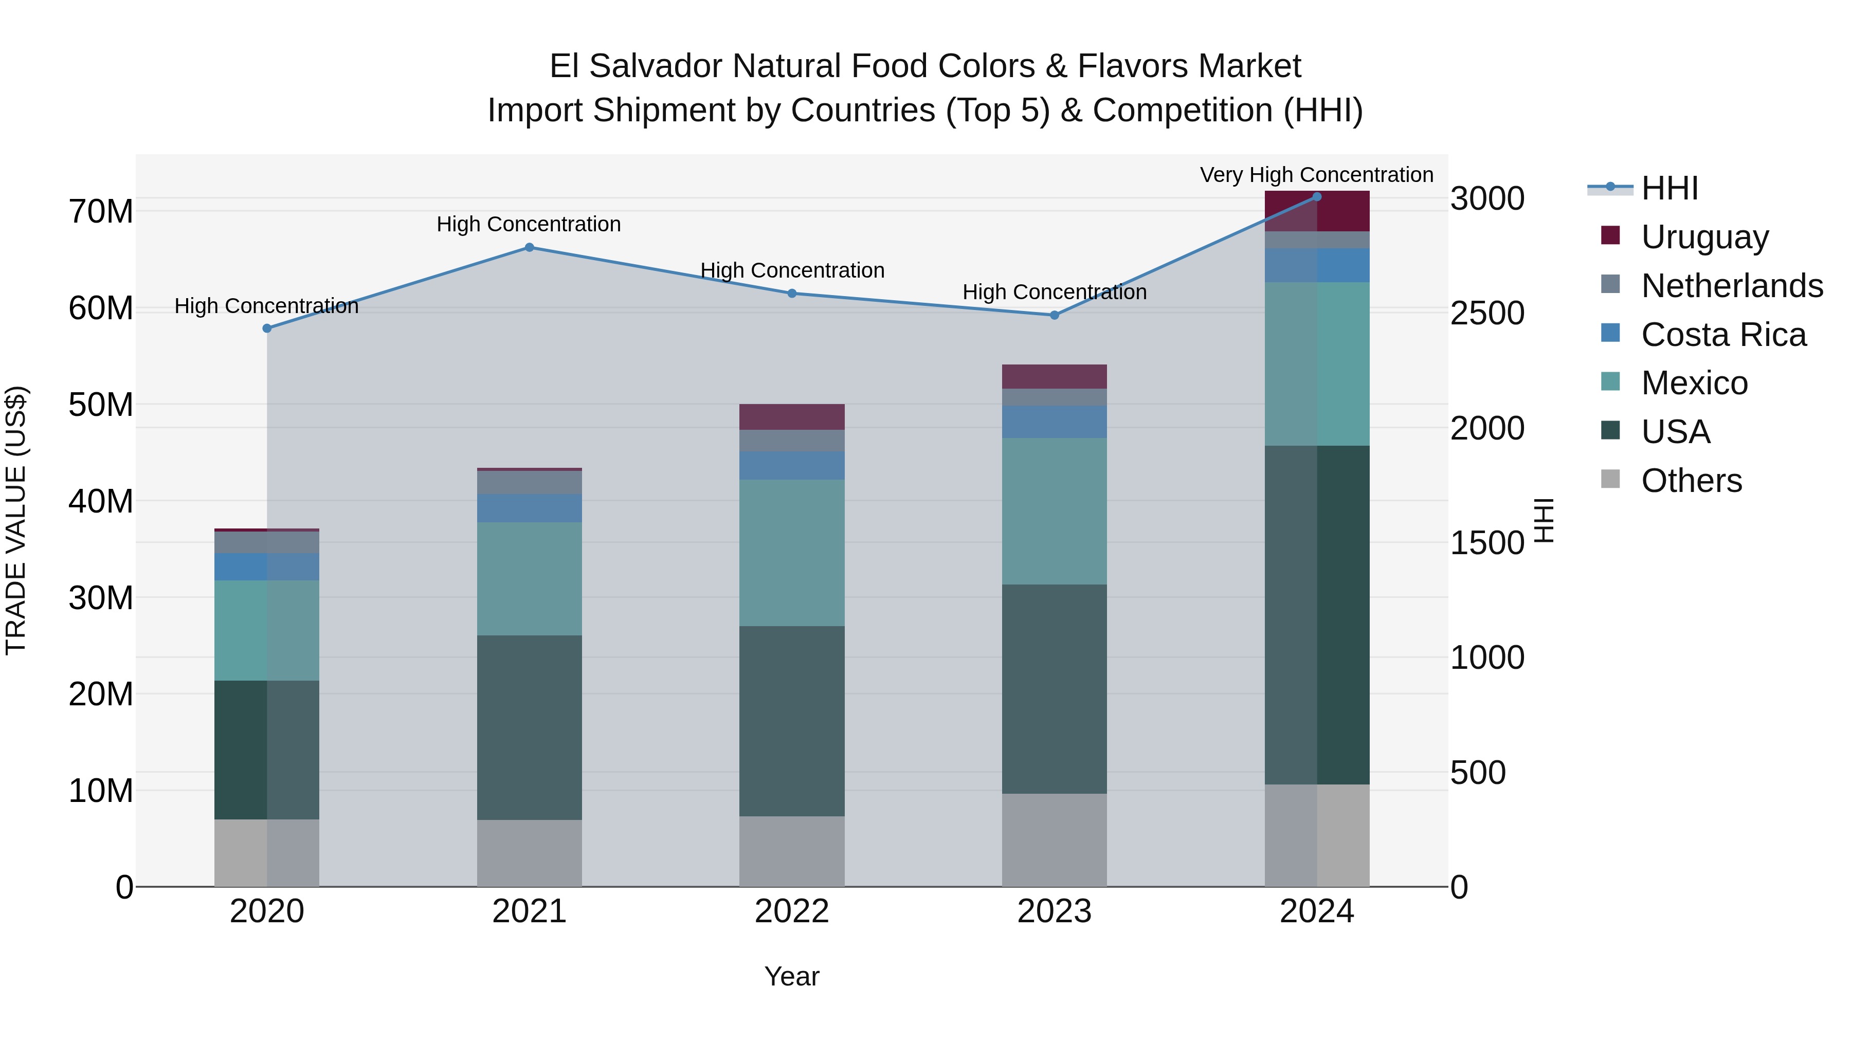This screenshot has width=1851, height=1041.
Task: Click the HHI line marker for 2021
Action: point(529,247)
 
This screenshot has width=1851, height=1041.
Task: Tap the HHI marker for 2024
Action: point(1316,197)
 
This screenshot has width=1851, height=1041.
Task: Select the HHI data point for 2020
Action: point(266,328)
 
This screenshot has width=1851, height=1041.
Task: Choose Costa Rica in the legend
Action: point(1723,335)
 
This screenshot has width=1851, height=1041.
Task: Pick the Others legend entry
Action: point(1691,481)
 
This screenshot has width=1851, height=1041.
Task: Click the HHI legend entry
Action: point(1669,188)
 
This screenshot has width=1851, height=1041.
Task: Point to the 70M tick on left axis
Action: point(101,212)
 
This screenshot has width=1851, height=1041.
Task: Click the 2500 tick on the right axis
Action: point(1486,313)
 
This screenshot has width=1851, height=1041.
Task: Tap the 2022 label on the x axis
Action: point(792,911)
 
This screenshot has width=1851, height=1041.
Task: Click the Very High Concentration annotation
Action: point(1316,175)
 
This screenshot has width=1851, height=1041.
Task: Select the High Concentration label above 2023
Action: point(1054,293)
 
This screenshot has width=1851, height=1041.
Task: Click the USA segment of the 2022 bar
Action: point(792,721)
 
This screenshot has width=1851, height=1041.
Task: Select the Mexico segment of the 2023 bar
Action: point(1054,511)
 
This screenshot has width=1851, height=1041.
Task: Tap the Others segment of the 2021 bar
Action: point(529,853)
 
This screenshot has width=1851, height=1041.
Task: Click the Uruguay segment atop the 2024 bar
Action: point(1316,211)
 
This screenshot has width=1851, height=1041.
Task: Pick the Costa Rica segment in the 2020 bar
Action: point(266,567)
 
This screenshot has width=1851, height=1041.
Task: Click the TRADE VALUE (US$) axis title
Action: point(16,520)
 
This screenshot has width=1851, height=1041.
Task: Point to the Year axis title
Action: point(791,976)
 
